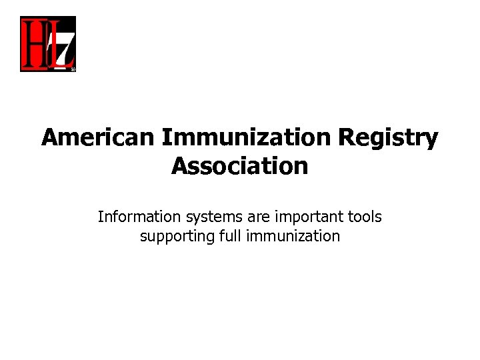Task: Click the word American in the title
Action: tap(99, 138)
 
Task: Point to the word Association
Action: tap(240, 166)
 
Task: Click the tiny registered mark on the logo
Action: tap(73, 68)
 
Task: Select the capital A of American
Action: tap(49, 138)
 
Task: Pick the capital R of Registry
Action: tap(346, 138)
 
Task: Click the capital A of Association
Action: tap(179, 166)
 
